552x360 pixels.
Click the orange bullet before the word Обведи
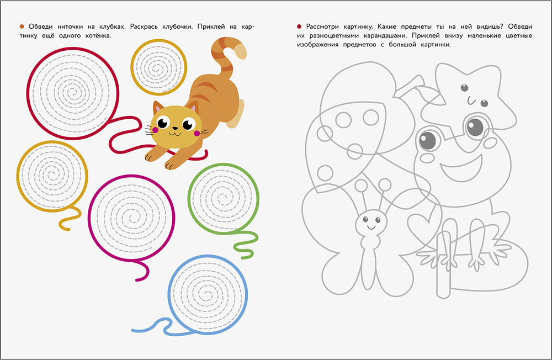[x=22, y=27]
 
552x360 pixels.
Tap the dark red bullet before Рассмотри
[x=299, y=27]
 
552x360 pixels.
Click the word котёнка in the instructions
[x=98, y=35]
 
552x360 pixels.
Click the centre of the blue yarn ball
[x=208, y=294]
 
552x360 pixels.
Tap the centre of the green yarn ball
[x=224, y=198]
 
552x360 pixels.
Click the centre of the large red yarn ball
[x=73, y=93]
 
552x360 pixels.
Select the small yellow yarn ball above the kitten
[x=159, y=67]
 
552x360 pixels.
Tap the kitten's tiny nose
[x=175, y=129]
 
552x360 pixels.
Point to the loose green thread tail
[x=246, y=243]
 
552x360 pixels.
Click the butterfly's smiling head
[x=371, y=223]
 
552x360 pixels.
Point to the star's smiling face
[x=474, y=95]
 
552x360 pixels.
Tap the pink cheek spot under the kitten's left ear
[x=155, y=130]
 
